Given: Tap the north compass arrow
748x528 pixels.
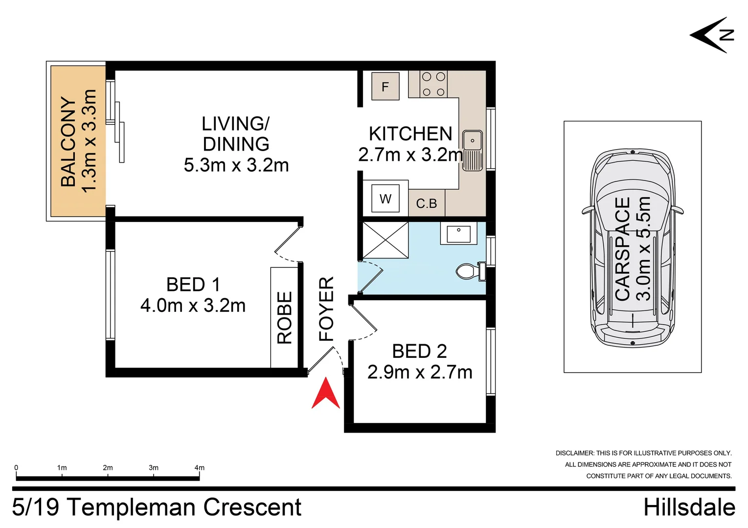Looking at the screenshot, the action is tap(711, 35).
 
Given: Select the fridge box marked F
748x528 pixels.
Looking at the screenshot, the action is tap(385, 87).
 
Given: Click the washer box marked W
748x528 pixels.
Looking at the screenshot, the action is tap(385, 198).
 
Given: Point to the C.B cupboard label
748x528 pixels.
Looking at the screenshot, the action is tap(427, 203).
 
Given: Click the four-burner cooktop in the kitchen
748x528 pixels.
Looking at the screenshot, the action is tap(433, 84).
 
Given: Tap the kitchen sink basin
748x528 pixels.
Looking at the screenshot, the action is tap(473, 140).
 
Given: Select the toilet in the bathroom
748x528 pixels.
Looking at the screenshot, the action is tap(471, 271).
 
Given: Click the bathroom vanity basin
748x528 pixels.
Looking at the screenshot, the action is tap(458, 234).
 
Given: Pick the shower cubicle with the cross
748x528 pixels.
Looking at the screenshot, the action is tap(385, 240).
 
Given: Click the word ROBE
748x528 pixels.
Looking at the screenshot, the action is tap(285, 318).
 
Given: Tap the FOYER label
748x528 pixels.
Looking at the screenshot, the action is tap(326, 308).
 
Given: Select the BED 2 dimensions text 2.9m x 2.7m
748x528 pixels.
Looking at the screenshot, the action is tap(420, 372).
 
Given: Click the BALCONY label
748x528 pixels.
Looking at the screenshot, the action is tap(68, 141).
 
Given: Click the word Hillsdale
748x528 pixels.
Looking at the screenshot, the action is tap(689, 507).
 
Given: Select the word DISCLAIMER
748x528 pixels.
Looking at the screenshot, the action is tap(574, 453).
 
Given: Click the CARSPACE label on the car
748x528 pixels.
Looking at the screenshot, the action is tap(622, 249).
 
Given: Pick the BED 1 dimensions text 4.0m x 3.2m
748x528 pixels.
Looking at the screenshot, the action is tap(193, 306).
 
